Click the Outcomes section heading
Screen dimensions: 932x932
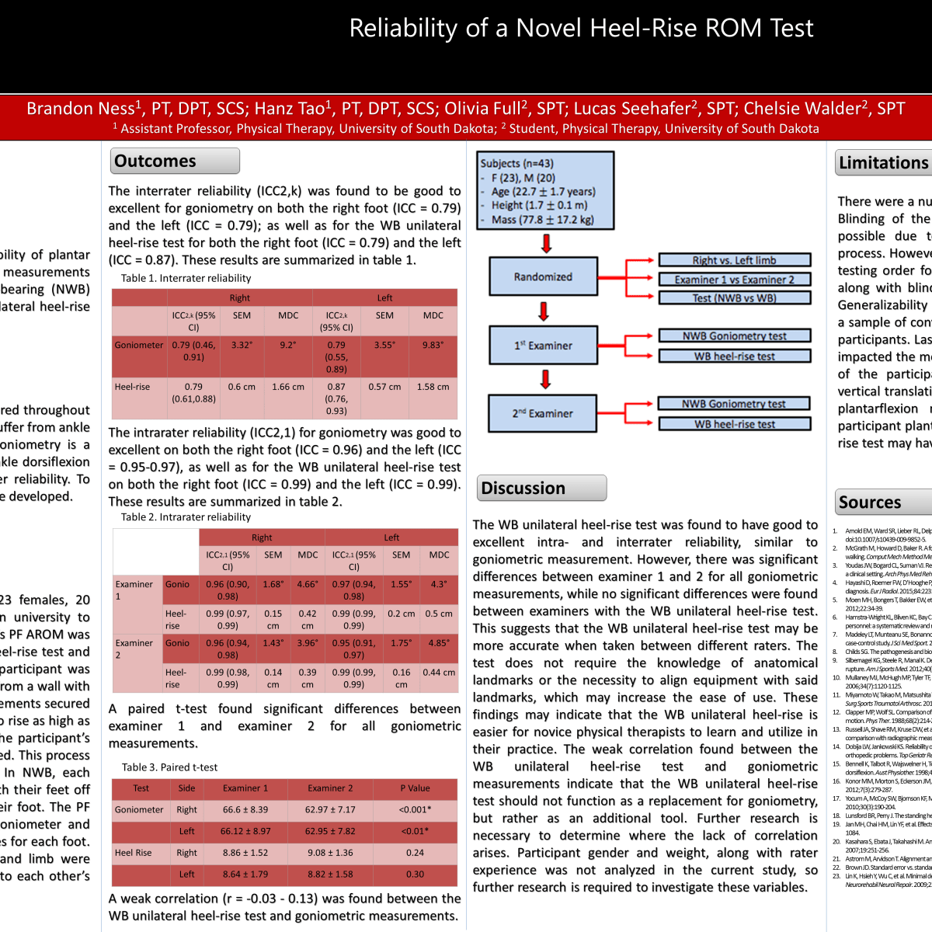(174, 161)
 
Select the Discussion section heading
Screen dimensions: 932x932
(541, 488)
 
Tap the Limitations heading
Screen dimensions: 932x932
(883, 163)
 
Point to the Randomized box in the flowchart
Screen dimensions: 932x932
(543, 276)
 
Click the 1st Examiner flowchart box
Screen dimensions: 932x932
(543, 346)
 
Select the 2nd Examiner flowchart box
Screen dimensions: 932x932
(542, 413)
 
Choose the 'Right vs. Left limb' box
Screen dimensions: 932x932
(734, 260)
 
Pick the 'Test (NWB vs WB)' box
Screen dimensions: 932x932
(734, 297)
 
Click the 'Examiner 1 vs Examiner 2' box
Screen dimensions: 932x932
(734, 280)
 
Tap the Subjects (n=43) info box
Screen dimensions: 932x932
(545, 191)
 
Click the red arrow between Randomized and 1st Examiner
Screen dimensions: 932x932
(544, 311)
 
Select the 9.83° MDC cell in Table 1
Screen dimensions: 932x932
(433, 345)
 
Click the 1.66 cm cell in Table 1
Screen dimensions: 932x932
(288, 387)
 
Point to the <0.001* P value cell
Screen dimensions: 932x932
(415, 809)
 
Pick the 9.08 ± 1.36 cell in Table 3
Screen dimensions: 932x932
(330, 853)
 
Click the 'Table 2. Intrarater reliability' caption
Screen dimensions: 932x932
(186, 517)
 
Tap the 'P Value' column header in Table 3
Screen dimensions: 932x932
(415, 788)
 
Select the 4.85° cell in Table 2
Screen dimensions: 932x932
(439, 643)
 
